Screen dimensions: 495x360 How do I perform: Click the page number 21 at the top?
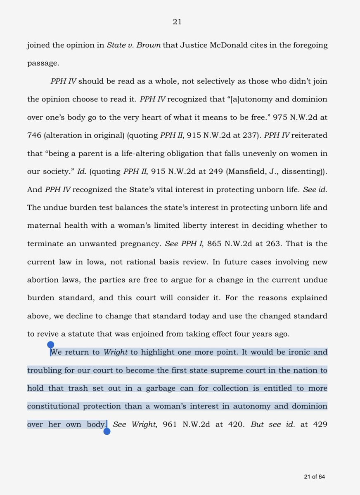pos(177,22)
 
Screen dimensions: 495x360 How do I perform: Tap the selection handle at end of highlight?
pos(107,432)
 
